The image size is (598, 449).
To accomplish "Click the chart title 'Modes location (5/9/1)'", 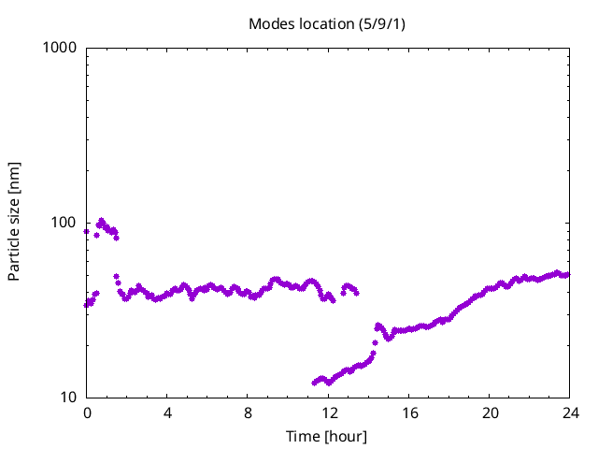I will pos(326,23).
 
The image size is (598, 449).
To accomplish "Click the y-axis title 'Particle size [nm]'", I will pos(15,222).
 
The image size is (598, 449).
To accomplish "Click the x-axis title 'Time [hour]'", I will pos(326,436).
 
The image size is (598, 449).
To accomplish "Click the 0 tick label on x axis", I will pos(87,413).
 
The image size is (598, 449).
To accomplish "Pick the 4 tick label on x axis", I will pos(167,413).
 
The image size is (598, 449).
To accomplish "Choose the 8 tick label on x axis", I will pos(248,413).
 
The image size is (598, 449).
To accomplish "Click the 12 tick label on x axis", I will pos(328,413).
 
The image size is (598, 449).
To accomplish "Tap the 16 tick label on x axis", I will pos(408,413).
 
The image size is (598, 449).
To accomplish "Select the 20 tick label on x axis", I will pos(489,413).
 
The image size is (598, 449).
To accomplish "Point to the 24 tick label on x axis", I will pos(569,413).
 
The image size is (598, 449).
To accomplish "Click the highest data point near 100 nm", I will pos(102,221).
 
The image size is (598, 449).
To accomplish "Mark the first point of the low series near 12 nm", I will pos(315,383).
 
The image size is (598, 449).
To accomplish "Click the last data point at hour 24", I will pos(567,275).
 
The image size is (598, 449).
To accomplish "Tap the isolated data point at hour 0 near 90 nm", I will pos(87,231).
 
